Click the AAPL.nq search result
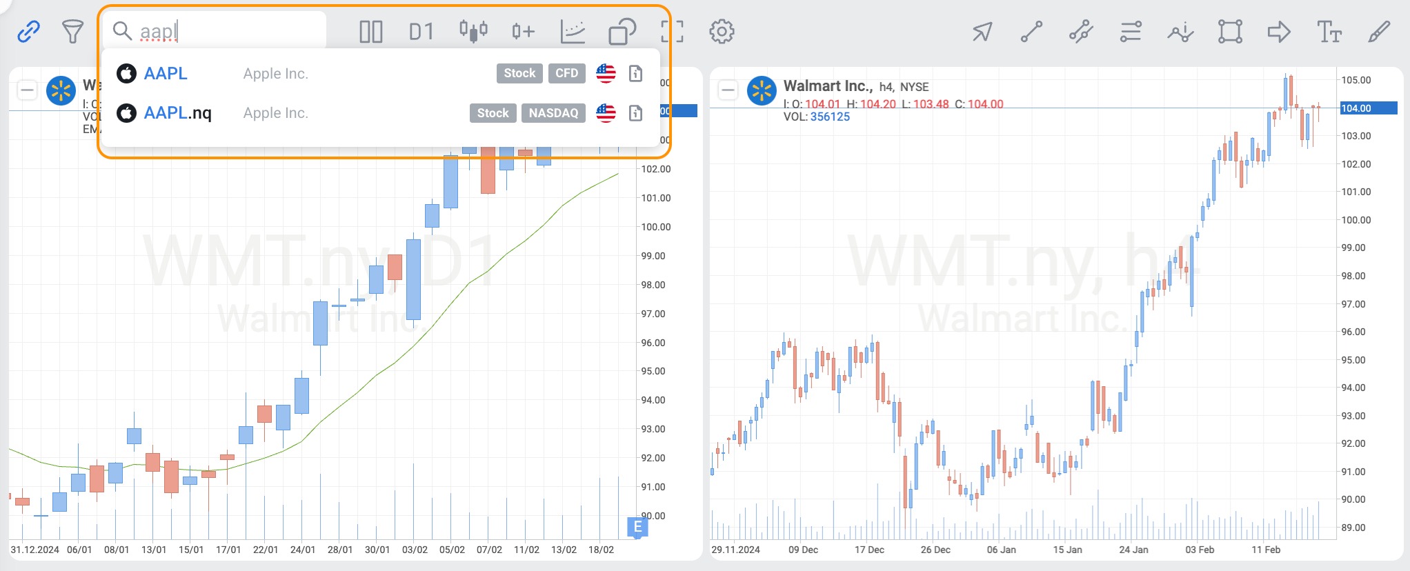point(178,113)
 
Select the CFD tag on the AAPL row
point(566,73)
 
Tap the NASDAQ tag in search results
point(553,113)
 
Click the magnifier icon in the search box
point(122,31)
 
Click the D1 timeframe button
point(421,32)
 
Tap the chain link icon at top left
point(28,31)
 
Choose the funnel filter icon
point(72,31)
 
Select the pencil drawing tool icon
point(1379,32)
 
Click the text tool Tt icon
point(1329,32)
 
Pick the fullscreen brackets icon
point(672,32)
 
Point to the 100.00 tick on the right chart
point(1356,220)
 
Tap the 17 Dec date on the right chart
point(869,550)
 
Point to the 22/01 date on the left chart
point(266,550)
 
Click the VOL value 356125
point(830,117)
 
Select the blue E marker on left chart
point(637,527)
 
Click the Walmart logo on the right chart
point(762,90)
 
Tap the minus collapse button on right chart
point(728,90)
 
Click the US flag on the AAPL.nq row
point(606,113)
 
